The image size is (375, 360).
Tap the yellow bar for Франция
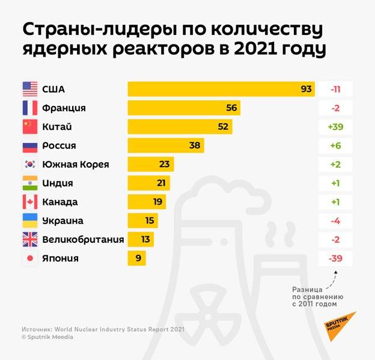click(x=184, y=108)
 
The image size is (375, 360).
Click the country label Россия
click(x=59, y=145)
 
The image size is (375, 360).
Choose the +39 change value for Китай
click(x=335, y=127)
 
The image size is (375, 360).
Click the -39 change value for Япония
click(x=335, y=258)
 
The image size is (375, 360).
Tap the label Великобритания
click(x=83, y=239)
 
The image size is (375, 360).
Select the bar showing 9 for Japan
click(x=136, y=258)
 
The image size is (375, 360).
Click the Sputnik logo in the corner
click(x=341, y=325)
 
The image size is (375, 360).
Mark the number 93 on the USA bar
click(x=306, y=90)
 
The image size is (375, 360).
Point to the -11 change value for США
click(x=335, y=90)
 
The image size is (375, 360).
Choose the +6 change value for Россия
click(x=335, y=145)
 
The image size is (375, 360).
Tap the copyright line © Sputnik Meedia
click(x=47, y=337)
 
